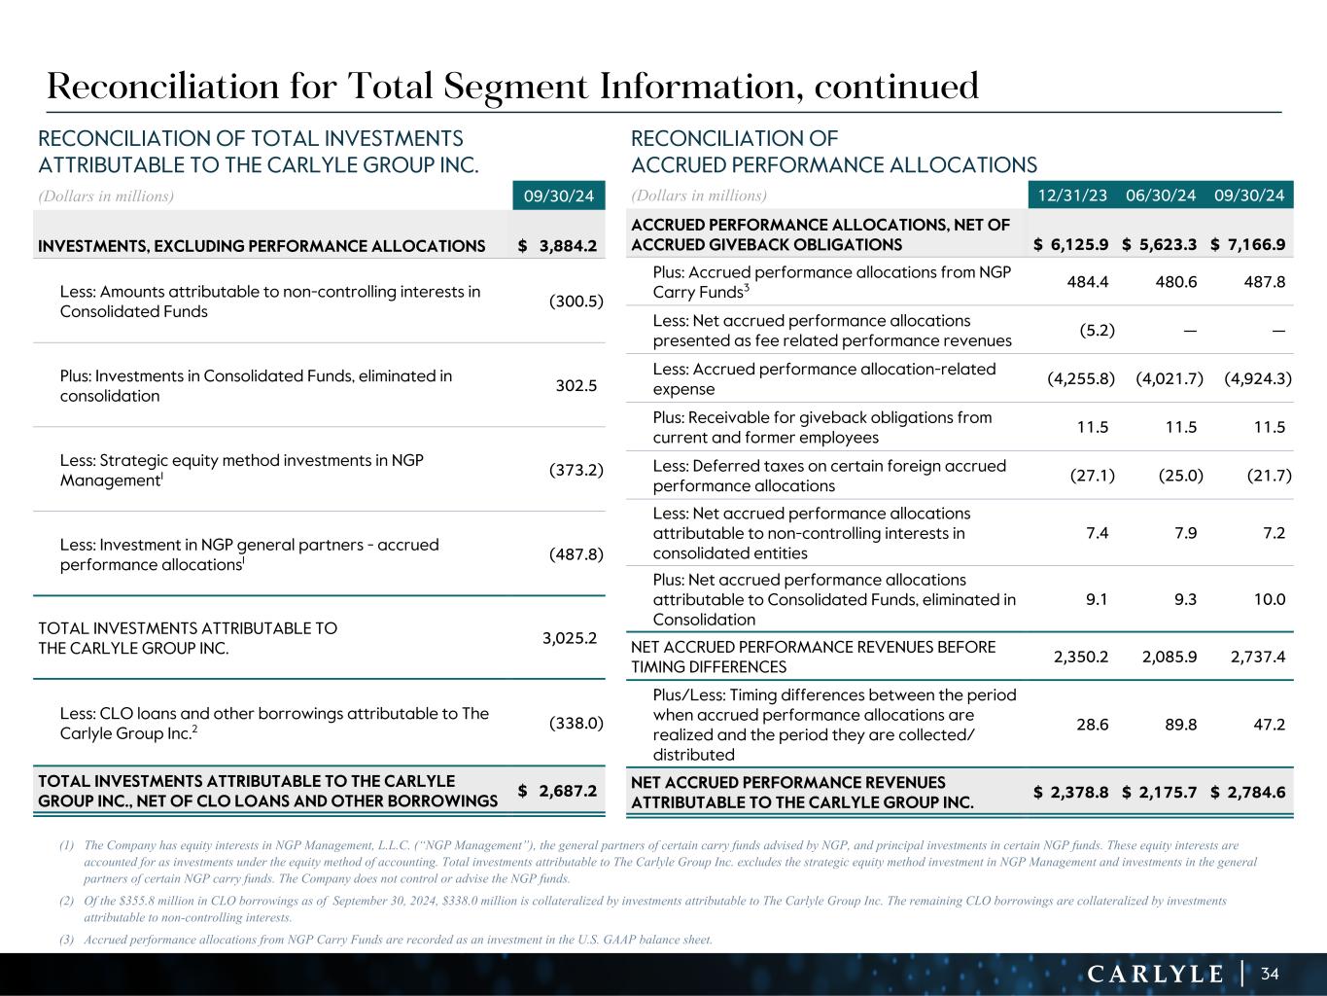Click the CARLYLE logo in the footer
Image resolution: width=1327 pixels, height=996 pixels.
(1155, 974)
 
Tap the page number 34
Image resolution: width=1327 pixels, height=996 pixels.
(1271, 974)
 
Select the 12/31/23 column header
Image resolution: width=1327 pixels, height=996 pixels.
(1072, 196)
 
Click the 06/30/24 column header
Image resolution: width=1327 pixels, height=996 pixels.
(1161, 196)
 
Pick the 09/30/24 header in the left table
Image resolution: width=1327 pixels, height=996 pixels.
(559, 196)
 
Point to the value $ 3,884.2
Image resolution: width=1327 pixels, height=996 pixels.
(558, 245)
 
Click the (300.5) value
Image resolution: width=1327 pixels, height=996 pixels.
(576, 302)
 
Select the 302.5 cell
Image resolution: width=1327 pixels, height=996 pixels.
(576, 386)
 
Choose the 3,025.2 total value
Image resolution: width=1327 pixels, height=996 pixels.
(569, 638)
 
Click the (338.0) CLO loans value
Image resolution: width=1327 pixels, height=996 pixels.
(576, 723)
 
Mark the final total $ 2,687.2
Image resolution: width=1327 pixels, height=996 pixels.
(558, 791)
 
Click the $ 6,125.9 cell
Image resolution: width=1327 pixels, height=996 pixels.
(1071, 245)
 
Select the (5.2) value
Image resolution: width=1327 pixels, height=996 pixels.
(1097, 330)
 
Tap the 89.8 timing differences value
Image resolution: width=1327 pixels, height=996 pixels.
(1179, 725)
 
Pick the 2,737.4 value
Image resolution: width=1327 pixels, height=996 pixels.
(1258, 657)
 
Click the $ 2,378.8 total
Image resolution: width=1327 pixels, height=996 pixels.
(1071, 792)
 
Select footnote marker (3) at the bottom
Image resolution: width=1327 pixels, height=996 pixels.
(66, 940)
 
